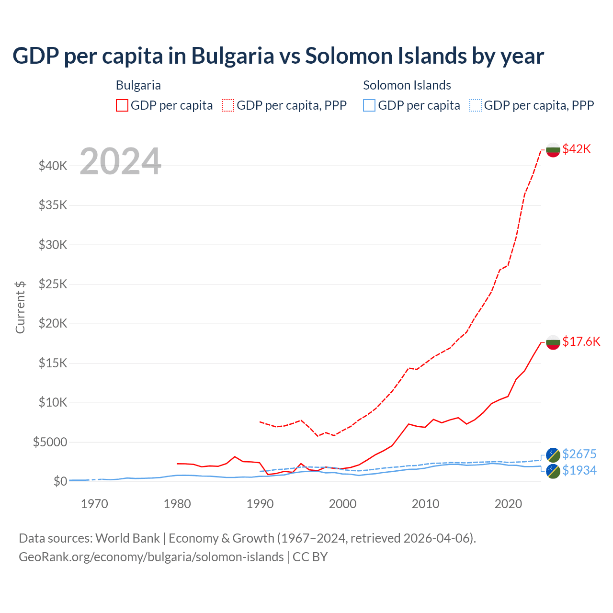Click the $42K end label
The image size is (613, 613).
click(x=577, y=149)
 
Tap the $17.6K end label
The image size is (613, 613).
click(x=581, y=341)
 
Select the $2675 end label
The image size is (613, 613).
click(x=579, y=454)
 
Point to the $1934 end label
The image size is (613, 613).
click(x=579, y=470)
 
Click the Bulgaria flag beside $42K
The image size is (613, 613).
click(x=553, y=150)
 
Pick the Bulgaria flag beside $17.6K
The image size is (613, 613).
click(x=553, y=342)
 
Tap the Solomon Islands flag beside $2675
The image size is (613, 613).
click(x=553, y=455)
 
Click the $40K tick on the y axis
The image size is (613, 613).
click(x=53, y=166)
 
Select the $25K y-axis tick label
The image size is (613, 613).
click(x=53, y=284)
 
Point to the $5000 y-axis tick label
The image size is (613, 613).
click(x=50, y=442)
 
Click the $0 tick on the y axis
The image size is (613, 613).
click(x=60, y=481)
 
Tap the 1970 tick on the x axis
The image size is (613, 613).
click(x=94, y=504)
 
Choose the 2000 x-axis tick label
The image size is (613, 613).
click(x=342, y=504)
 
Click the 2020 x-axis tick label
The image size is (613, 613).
click(x=508, y=504)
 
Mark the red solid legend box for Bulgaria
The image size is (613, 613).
click(x=122, y=105)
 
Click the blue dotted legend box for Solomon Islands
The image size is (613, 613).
click(x=475, y=105)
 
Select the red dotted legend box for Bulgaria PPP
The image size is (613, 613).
click(x=228, y=105)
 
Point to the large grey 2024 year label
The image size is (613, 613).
click(x=120, y=162)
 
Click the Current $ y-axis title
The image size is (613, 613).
click(x=20, y=307)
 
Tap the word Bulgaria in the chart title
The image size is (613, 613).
click(x=233, y=56)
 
